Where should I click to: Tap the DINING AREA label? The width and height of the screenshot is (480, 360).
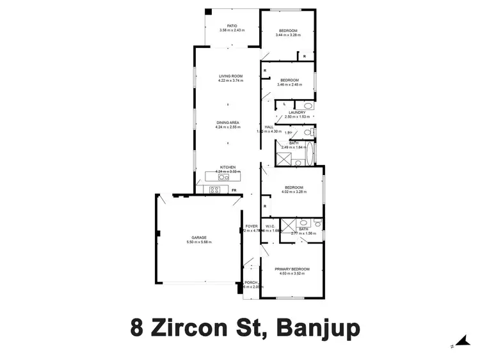228,122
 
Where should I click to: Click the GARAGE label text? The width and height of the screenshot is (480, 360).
198,237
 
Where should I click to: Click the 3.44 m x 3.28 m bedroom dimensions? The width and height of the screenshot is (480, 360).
287,35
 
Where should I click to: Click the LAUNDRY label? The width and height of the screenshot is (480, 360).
297,112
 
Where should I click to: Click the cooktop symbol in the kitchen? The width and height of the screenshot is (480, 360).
214,189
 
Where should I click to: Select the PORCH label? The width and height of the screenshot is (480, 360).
250,283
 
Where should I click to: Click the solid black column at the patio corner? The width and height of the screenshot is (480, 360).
208,12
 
